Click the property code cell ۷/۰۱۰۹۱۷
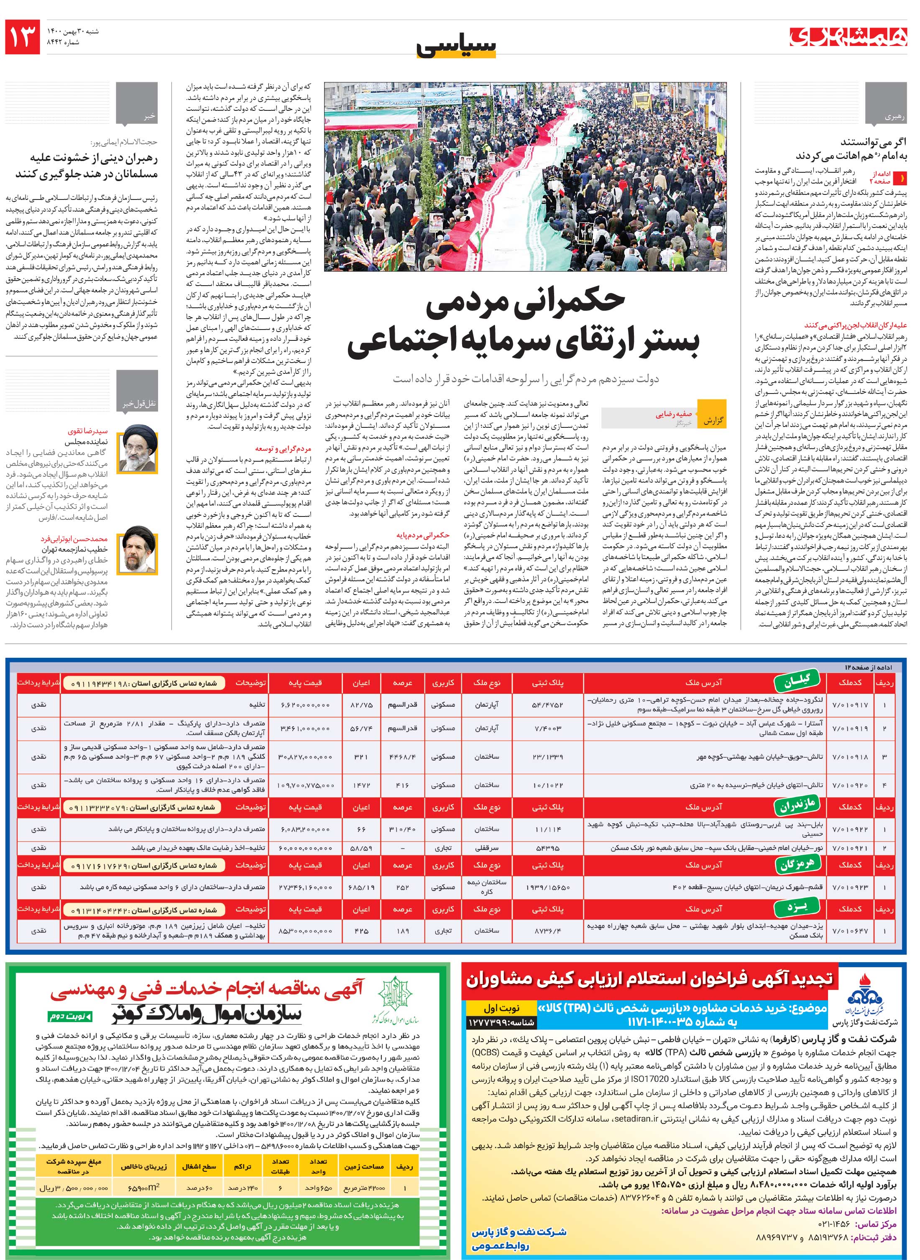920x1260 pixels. click(x=850, y=704)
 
